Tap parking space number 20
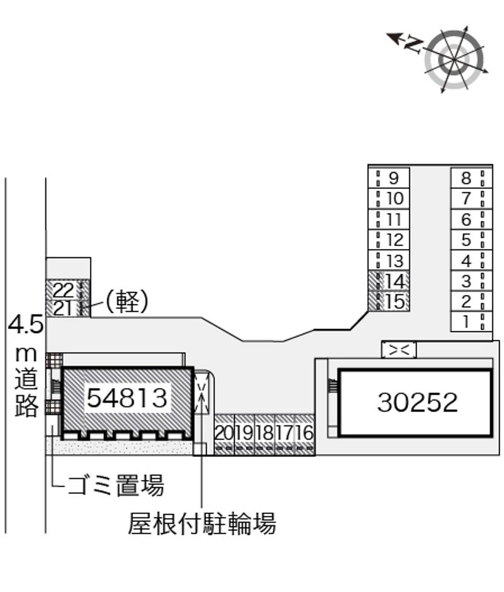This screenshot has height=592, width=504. tap(224, 433)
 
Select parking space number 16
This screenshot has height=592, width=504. tap(304, 433)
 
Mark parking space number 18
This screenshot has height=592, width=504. tap(265, 433)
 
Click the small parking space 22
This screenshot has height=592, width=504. tap(65, 290)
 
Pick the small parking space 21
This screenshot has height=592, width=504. tap(65, 308)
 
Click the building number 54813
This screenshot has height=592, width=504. tap(127, 398)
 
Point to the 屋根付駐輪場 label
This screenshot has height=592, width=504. tap(202, 523)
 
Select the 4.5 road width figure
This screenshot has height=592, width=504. tap(25, 325)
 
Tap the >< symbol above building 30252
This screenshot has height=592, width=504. tap(399, 350)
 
